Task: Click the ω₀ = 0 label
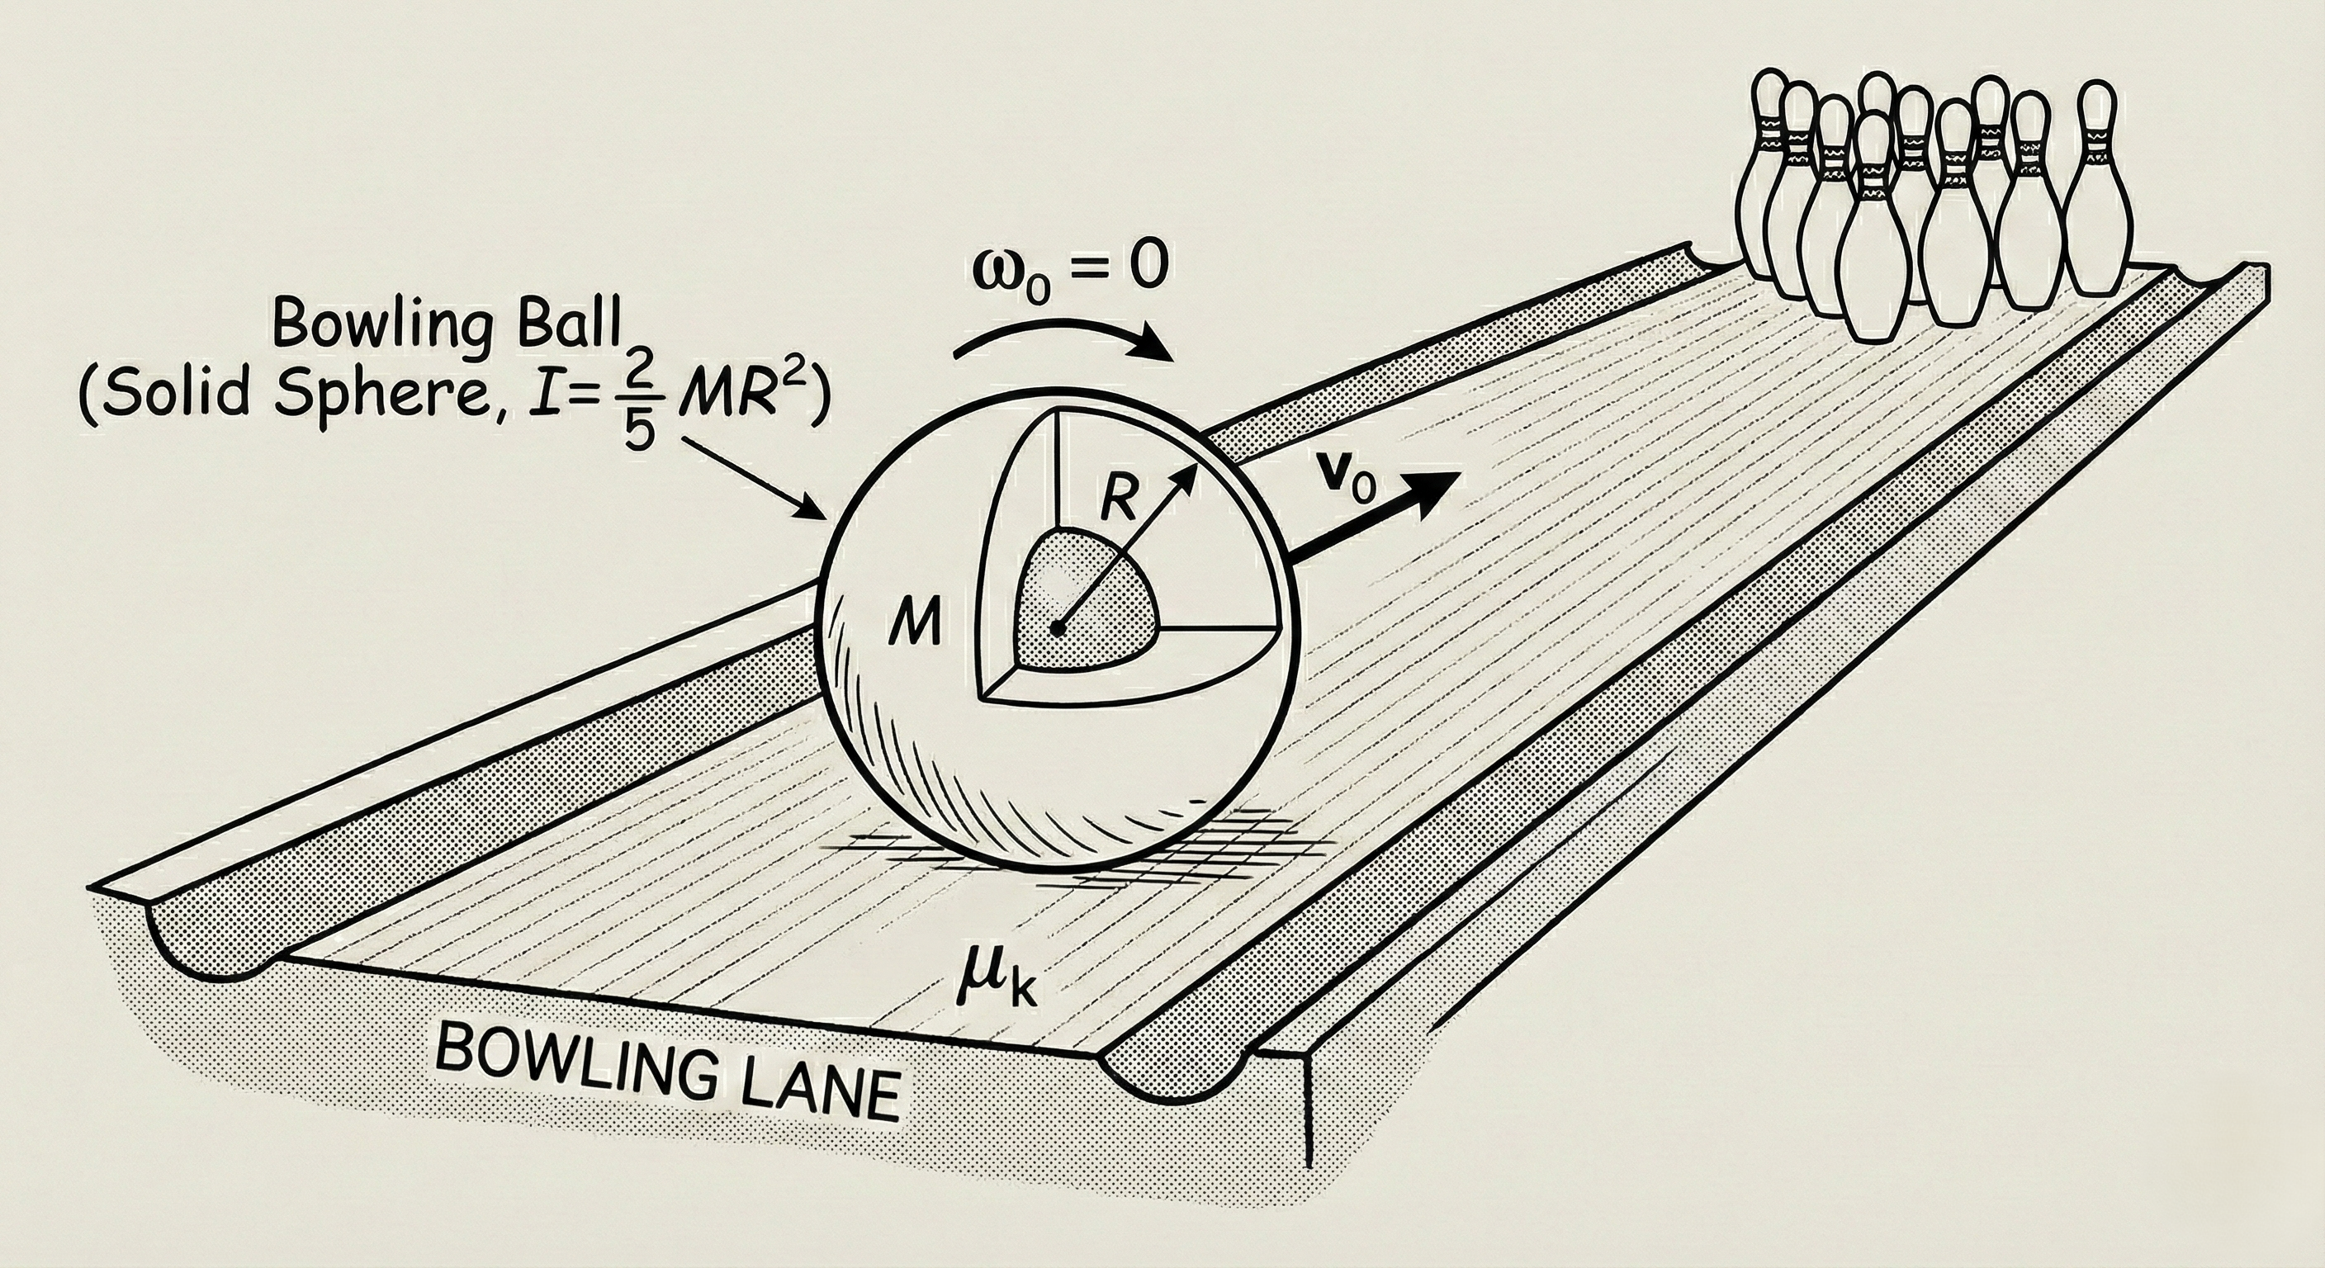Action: click(x=1069, y=269)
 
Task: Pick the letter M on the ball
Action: click(x=914, y=622)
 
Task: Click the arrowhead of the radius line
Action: click(x=1191, y=472)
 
